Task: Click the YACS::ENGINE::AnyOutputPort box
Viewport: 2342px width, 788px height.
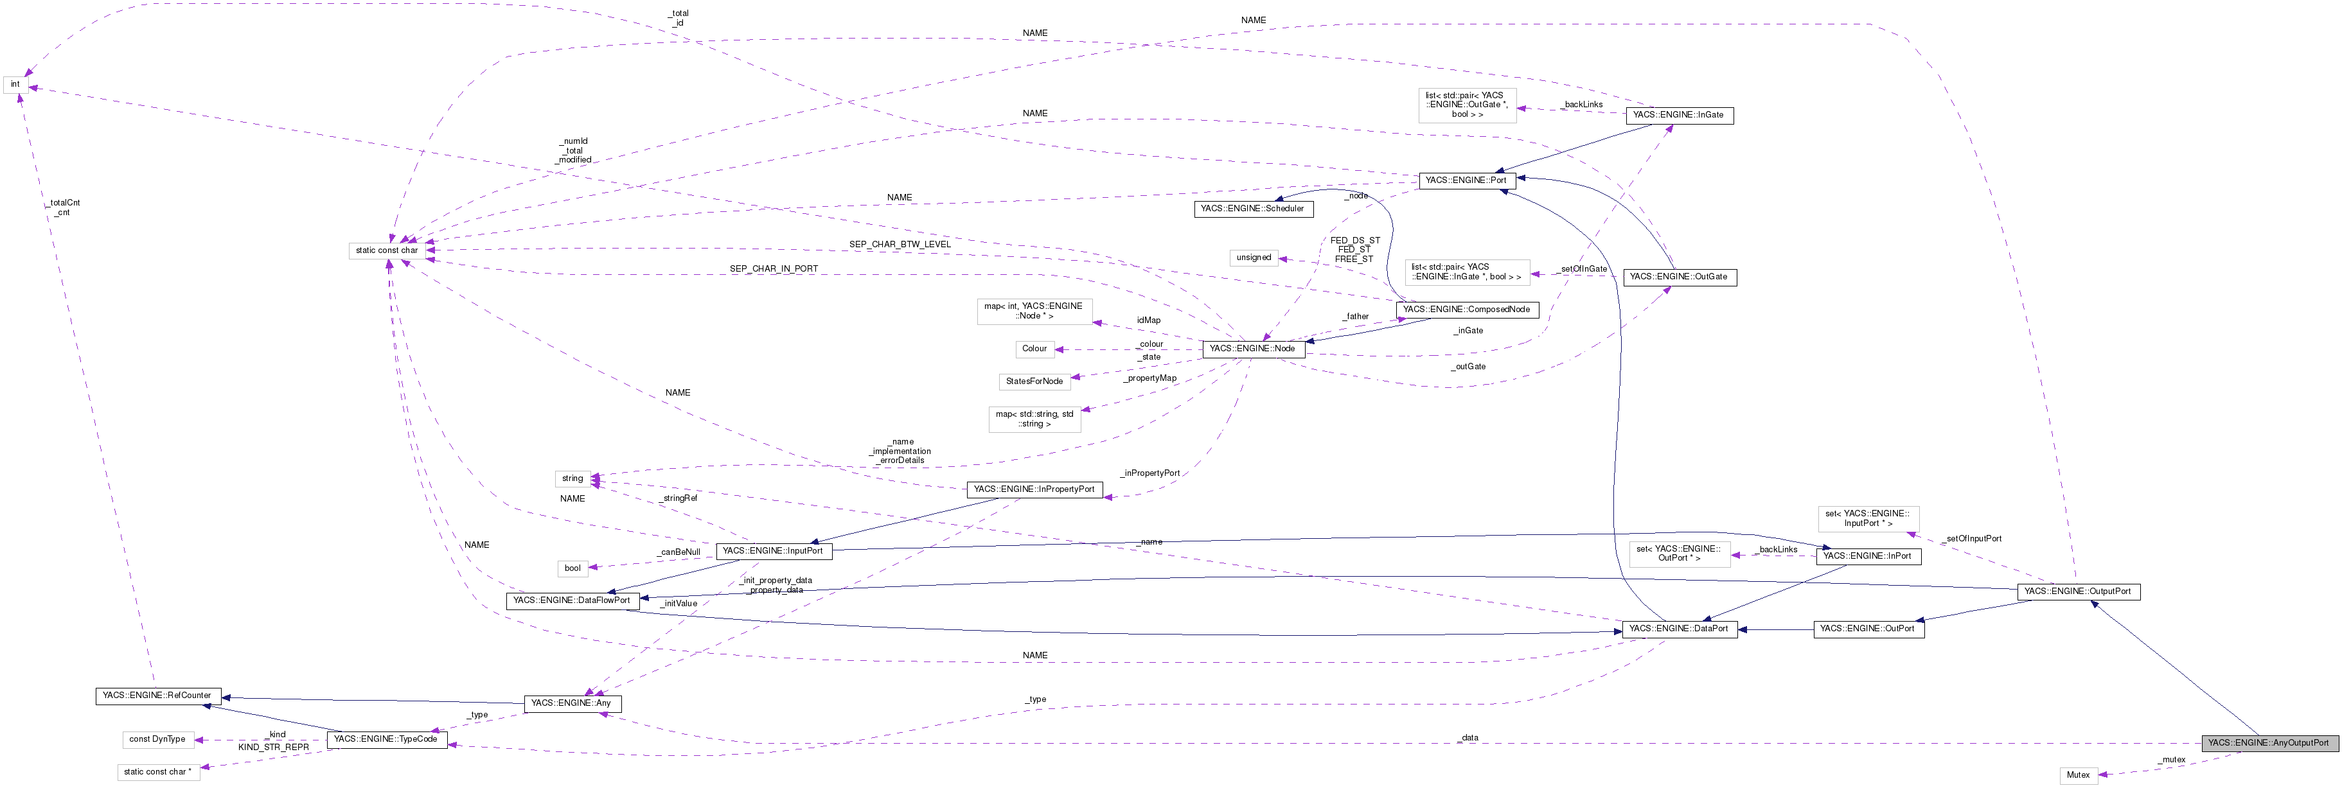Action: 2268,742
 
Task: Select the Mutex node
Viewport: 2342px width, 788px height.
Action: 2079,775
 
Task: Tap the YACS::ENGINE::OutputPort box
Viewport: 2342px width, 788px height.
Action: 2079,591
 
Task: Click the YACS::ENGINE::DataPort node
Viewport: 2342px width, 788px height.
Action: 1678,629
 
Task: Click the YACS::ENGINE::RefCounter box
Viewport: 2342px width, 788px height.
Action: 156,696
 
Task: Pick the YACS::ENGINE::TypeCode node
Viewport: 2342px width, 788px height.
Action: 386,740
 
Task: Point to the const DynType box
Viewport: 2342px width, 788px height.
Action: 157,740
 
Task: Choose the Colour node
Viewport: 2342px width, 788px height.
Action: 1034,349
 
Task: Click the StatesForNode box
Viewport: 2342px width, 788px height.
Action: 1034,381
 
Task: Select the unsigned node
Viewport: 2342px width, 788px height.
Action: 1254,258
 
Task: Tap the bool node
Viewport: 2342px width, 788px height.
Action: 572,569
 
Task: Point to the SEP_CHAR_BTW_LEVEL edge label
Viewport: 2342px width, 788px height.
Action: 900,245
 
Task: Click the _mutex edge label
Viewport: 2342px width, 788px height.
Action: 2173,760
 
